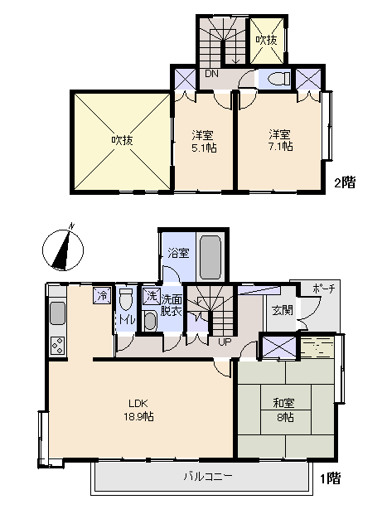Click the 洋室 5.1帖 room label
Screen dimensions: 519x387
tap(203, 141)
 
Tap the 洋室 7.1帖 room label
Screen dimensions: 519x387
tap(279, 140)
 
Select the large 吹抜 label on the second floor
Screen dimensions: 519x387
tap(122, 140)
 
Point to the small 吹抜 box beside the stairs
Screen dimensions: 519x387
tap(266, 39)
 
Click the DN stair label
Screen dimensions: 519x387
tap(212, 75)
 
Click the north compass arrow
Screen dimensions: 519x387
tap(63, 248)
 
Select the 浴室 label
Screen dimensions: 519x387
tap(176, 252)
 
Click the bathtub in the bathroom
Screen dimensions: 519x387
tap(210, 258)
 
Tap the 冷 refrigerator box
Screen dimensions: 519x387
tap(101, 294)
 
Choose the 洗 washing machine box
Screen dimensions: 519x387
tap(151, 295)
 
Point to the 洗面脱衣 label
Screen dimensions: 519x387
tap(172, 307)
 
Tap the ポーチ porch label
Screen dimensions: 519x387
tap(323, 289)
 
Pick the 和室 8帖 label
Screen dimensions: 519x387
tap(285, 410)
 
